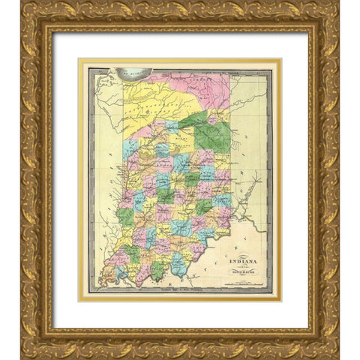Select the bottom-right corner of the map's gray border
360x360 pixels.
pos(271,292)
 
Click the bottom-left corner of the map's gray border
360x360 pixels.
pos(89,292)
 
